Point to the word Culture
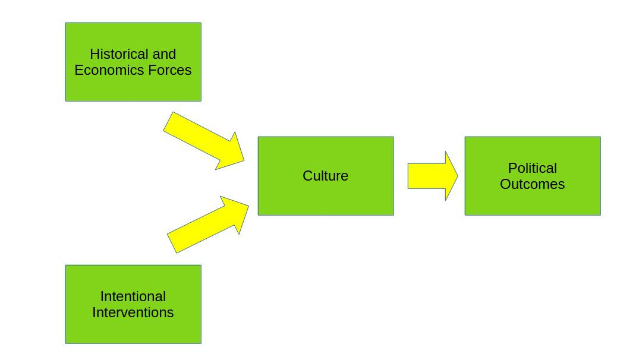(x=325, y=176)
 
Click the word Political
(x=532, y=168)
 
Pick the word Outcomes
(x=532, y=184)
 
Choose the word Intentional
(x=133, y=296)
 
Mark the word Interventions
(x=133, y=312)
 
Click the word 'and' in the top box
(x=164, y=54)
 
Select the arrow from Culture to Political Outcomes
(x=431, y=176)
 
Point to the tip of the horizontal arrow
(x=457, y=176)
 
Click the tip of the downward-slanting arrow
(x=244, y=160)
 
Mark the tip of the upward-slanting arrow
(x=248, y=204)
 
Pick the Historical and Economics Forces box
(x=133, y=89)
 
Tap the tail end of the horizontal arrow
(x=410, y=176)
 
